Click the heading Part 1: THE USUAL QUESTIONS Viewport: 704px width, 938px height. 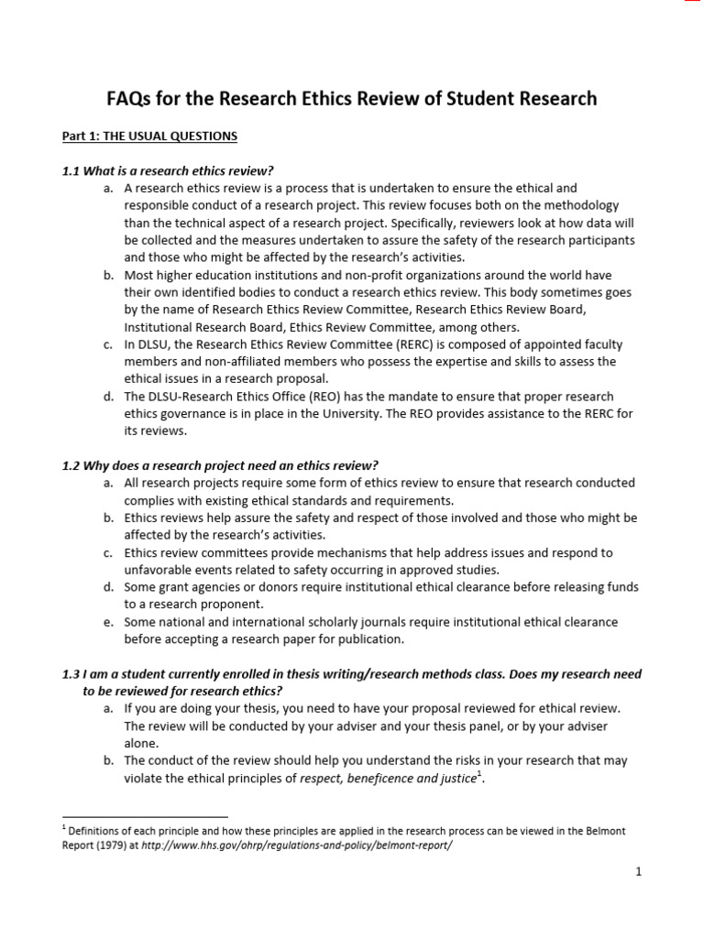click(149, 136)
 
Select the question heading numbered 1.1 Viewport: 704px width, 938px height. click(169, 171)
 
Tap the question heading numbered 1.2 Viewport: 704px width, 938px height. click(220, 465)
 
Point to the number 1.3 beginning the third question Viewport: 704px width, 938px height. click(71, 674)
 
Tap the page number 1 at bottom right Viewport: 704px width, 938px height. click(638, 872)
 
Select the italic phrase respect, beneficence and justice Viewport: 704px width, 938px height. click(388, 779)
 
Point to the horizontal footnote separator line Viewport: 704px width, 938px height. click(145, 815)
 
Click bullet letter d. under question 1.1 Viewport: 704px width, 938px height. click(108, 397)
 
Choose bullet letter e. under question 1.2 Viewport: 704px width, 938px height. click(108, 622)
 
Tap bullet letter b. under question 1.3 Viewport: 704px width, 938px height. click(108, 761)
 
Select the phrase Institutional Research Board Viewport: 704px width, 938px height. click(202, 327)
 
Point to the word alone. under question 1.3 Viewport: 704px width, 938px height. click(141, 744)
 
